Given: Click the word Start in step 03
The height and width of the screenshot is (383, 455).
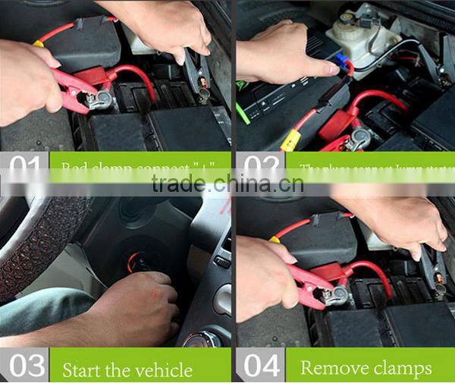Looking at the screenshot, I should tap(84, 369).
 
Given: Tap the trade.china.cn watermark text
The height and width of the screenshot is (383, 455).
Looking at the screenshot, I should tap(227, 184).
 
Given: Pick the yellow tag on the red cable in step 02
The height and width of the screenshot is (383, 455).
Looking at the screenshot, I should tap(290, 140).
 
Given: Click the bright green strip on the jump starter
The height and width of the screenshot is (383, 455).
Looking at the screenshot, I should tap(243, 114).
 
